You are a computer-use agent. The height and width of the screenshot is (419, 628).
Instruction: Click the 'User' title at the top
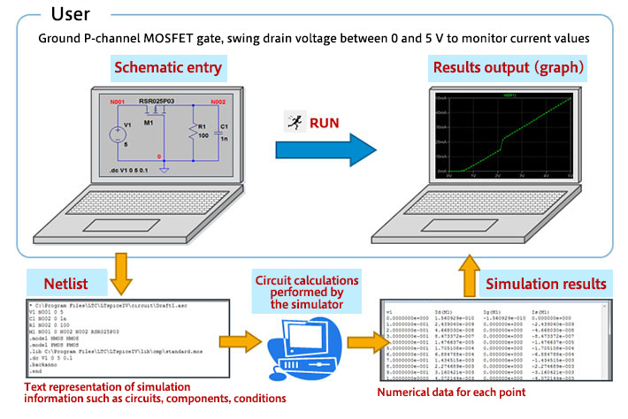80,14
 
